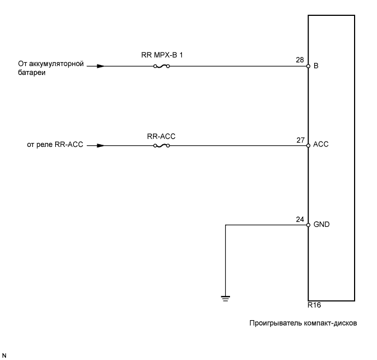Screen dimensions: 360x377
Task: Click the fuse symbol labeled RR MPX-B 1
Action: point(161,67)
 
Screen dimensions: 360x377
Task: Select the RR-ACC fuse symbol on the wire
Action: point(161,146)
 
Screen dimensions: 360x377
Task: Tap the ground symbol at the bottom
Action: point(225,298)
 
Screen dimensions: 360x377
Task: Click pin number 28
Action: point(300,60)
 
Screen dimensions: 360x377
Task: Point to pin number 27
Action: point(300,139)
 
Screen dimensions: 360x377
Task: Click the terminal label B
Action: point(316,67)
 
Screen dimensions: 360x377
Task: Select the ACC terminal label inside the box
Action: point(320,146)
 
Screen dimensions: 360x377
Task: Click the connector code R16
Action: point(314,306)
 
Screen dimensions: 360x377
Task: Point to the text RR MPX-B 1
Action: point(161,56)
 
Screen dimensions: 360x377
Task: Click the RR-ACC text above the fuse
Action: point(161,135)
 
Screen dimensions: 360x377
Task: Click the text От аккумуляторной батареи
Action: point(50,69)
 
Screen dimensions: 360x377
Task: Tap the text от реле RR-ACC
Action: point(55,146)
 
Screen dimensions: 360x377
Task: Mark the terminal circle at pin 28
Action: point(308,67)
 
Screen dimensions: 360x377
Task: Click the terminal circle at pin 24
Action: point(308,225)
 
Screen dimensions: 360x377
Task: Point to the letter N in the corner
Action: point(4,355)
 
